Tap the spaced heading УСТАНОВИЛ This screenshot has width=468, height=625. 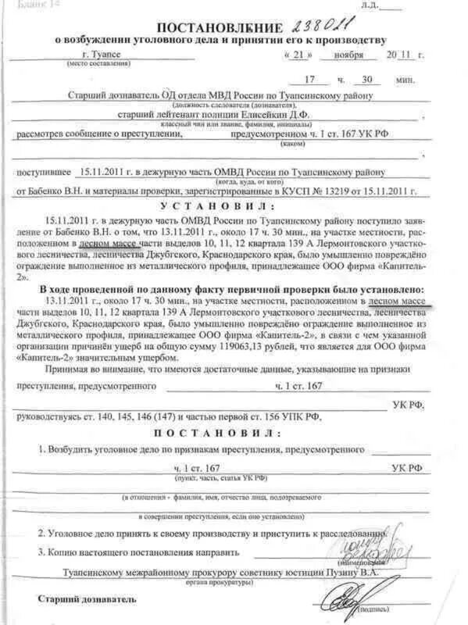click(217, 205)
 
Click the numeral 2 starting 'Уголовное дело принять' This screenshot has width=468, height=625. click(43, 533)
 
